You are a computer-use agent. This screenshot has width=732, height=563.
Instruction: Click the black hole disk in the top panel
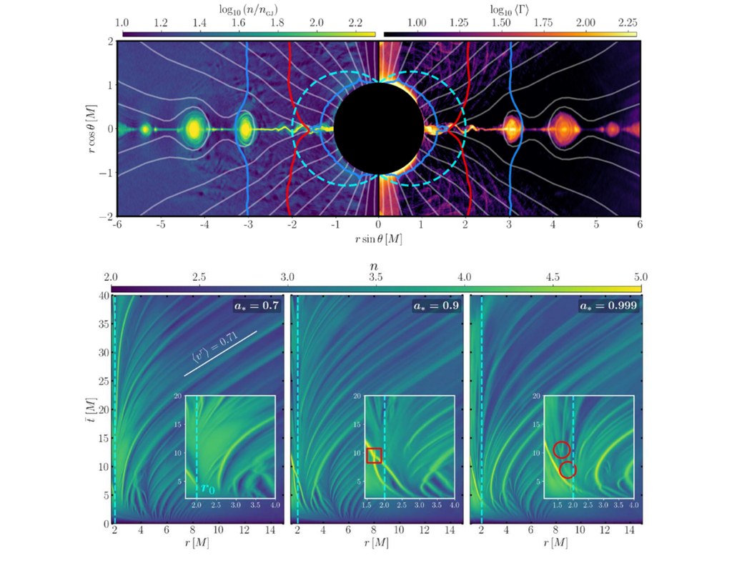click(378, 129)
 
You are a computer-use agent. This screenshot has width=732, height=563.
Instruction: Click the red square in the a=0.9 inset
click(375, 455)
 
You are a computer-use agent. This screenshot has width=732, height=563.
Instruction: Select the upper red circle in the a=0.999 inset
click(561, 449)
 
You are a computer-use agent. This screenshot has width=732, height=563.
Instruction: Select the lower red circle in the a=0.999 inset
click(568, 469)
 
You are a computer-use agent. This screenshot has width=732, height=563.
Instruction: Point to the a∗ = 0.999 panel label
click(613, 306)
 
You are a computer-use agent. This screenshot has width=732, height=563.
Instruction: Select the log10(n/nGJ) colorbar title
click(249, 9)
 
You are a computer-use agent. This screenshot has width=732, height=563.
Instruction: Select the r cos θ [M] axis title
click(92, 129)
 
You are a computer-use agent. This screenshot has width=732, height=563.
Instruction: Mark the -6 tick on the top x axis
click(117, 224)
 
